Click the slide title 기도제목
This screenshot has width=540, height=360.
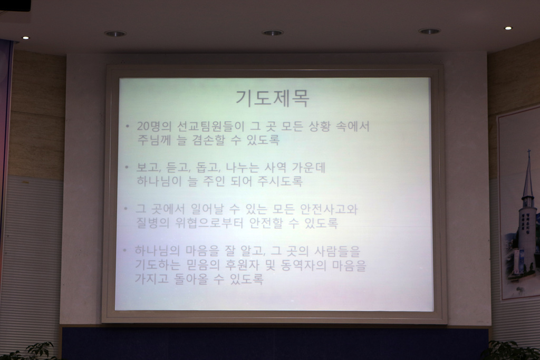[x=273, y=99]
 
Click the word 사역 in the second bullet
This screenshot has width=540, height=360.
[x=275, y=168]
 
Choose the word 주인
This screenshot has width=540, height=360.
[x=214, y=181]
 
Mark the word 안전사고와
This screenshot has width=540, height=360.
[x=329, y=209]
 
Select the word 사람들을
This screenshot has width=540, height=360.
[x=337, y=251]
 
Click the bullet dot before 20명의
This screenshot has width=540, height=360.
[x=128, y=127]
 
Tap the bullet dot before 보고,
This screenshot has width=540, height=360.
[x=127, y=168]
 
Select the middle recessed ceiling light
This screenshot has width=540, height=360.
[x=273, y=33]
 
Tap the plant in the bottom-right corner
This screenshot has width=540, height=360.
[x=510, y=351]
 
